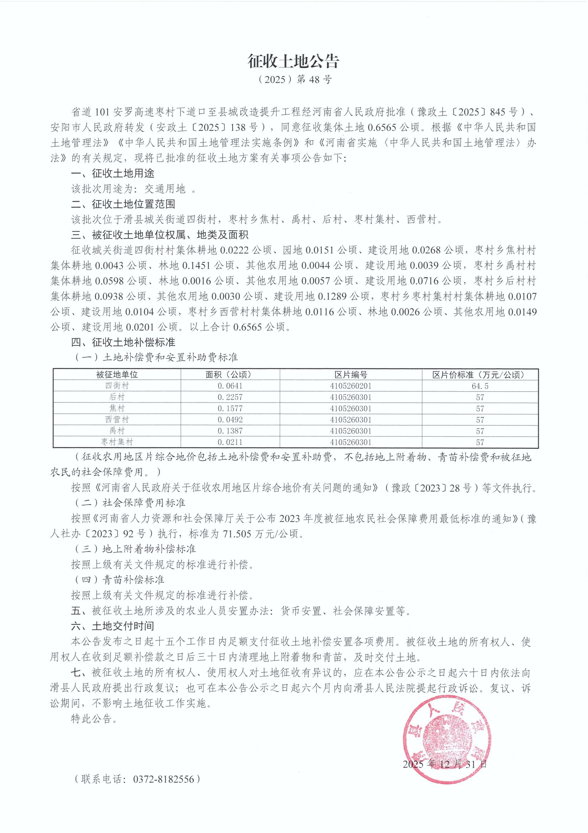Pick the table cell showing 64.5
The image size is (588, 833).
[480, 386]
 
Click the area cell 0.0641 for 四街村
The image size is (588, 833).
[230, 386]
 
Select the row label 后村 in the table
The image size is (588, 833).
[117, 397]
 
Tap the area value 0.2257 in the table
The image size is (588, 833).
[230, 397]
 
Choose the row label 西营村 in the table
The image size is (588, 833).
[117, 420]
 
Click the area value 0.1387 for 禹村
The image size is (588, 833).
[230, 431]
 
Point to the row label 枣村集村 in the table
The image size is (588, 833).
[117, 442]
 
